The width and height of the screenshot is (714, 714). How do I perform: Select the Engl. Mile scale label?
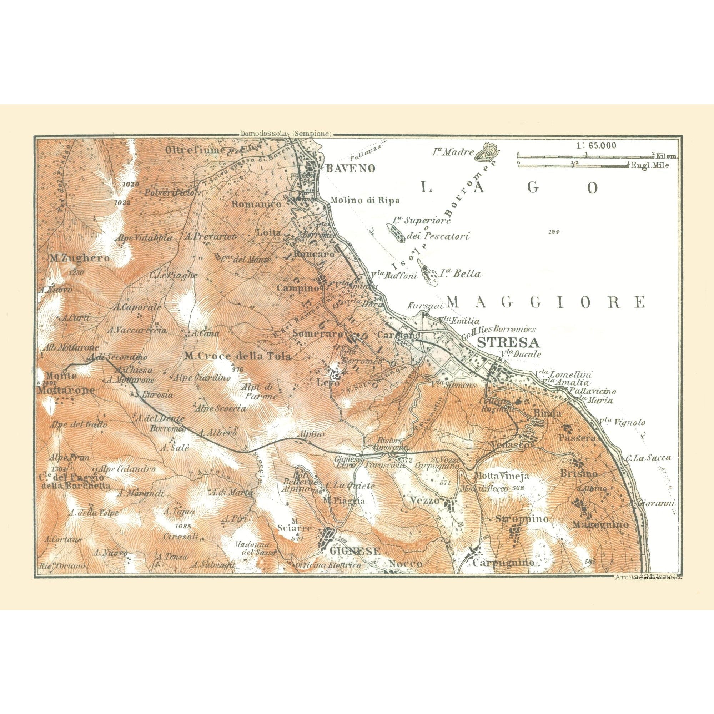click(650, 166)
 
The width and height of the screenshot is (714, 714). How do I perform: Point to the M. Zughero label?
click(80, 258)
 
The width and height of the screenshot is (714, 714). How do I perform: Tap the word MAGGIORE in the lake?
click(546, 302)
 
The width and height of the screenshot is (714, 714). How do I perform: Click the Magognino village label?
click(600, 525)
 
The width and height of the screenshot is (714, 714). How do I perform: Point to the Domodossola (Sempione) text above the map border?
click(285, 134)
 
